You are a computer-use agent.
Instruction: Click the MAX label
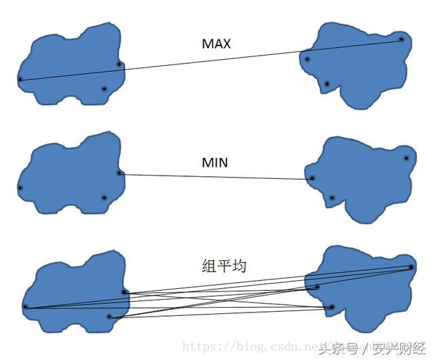click(x=216, y=44)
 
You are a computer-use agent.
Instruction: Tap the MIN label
click(x=215, y=163)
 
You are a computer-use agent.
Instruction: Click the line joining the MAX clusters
click(x=210, y=59)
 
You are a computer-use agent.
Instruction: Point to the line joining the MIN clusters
click(x=216, y=176)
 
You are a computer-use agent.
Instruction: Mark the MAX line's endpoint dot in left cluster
click(x=20, y=79)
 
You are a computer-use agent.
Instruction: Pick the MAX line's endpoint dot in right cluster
click(x=401, y=39)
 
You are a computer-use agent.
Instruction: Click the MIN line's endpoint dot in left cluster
click(x=119, y=173)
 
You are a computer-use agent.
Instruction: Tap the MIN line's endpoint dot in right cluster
click(x=312, y=178)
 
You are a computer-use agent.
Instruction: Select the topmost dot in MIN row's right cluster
click(x=406, y=158)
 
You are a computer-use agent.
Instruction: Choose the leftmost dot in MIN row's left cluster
click(x=20, y=188)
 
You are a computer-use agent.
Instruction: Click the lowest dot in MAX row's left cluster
click(x=104, y=89)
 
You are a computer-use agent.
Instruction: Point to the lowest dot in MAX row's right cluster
click(x=327, y=84)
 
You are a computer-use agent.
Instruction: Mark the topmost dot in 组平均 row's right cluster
click(x=411, y=267)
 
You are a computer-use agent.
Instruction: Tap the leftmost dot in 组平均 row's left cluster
click(x=24, y=307)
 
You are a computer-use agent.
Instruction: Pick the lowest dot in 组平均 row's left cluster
click(x=109, y=316)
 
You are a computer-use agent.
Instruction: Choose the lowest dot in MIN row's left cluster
click(x=104, y=198)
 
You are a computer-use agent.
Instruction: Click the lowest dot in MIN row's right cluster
click(x=332, y=198)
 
